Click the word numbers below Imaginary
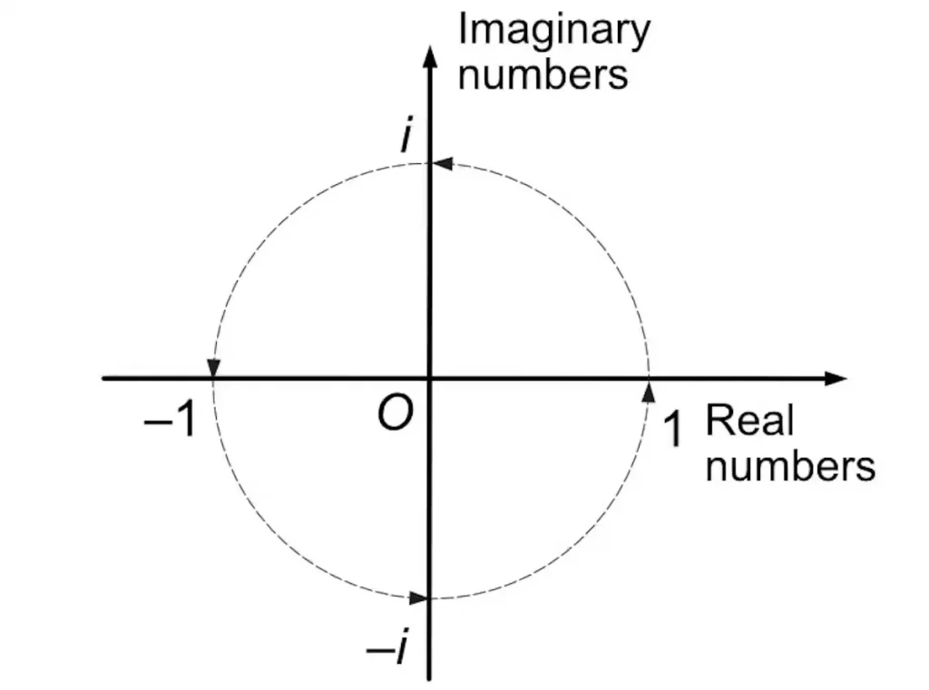click(x=543, y=73)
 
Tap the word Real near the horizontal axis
click(x=749, y=421)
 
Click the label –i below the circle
click(x=386, y=649)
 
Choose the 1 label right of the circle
click(x=671, y=429)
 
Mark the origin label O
click(x=396, y=415)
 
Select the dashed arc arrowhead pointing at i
click(x=442, y=164)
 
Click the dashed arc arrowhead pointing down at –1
click(x=214, y=366)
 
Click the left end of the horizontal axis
click(x=104, y=378)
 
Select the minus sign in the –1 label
click(x=155, y=423)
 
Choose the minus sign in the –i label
click(x=376, y=651)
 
